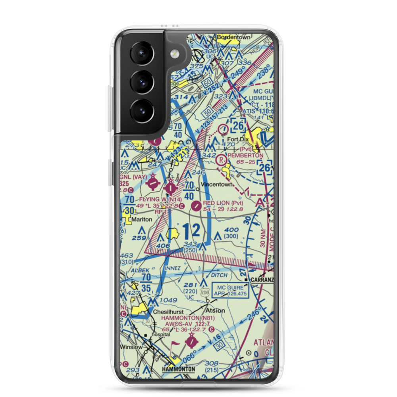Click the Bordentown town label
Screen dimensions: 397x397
coord(234,37)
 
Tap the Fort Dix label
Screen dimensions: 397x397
coord(240,139)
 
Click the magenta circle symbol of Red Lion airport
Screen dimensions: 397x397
coord(196,206)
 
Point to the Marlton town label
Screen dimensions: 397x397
coord(142,219)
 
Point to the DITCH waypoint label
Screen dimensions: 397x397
coord(219,275)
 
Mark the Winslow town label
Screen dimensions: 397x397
coord(131,347)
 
